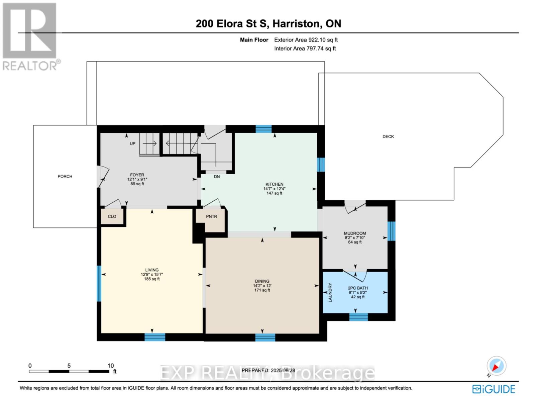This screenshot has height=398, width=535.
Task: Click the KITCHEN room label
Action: pyautogui.click(x=274, y=184)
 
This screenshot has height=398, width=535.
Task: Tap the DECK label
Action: pyautogui.click(x=388, y=136)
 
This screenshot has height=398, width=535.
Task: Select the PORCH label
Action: pyautogui.click(x=65, y=177)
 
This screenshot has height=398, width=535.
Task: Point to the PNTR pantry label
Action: pyautogui.click(x=212, y=216)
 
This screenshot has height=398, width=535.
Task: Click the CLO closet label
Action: pyautogui.click(x=112, y=216)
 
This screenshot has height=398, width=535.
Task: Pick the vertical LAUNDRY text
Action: pyautogui.click(x=330, y=293)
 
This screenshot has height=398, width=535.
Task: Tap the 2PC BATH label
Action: pyautogui.click(x=358, y=288)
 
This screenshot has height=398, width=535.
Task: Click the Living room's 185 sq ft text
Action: pyautogui.click(x=152, y=279)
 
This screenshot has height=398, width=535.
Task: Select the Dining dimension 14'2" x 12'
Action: pyautogui.click(x=262, y=286)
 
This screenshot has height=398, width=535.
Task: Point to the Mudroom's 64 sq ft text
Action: pyautogui.click(x=355, y=242)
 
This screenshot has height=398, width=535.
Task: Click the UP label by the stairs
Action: pyautogui.click(x=133, y=143)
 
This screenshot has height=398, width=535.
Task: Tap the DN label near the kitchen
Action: pyautogui.click(x=217, y=177)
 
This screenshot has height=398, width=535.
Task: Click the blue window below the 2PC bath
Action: pyautogui.click(x=359, y=317)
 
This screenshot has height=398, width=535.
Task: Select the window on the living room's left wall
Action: pyautogui.click(x=99, y=283)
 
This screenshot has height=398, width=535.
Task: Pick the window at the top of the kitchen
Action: pyautogui.click(x=263, y=129)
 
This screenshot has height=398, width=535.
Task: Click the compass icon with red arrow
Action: pyautogui.click(x=497, y=366)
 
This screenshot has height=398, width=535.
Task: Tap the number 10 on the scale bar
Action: pyautogui.click(x=110, y=366)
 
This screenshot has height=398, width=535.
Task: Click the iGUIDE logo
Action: pyautogui.click(x=494, y=389)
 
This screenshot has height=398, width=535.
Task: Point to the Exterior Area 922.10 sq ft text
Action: pyautogui.click(x=306, y=40)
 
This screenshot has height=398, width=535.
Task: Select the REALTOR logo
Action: pyautogui.click(x=31, y=36)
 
